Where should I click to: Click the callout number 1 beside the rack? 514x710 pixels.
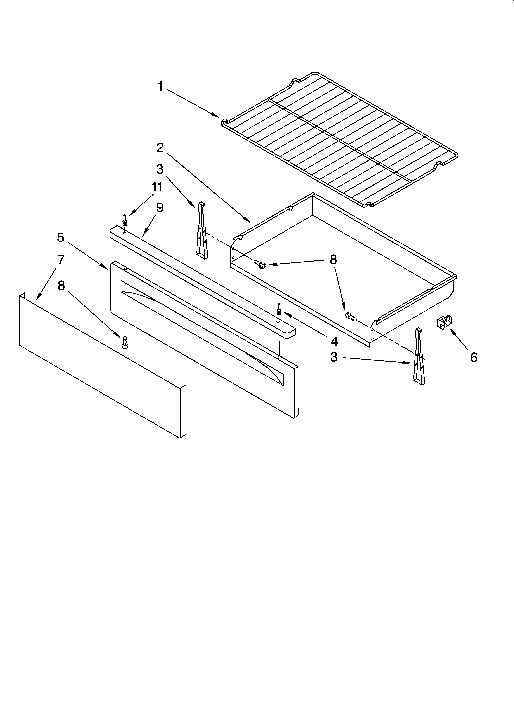coord(160,87)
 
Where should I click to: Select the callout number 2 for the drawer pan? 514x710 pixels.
coord(160,147)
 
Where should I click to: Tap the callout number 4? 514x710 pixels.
coord(334,341)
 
